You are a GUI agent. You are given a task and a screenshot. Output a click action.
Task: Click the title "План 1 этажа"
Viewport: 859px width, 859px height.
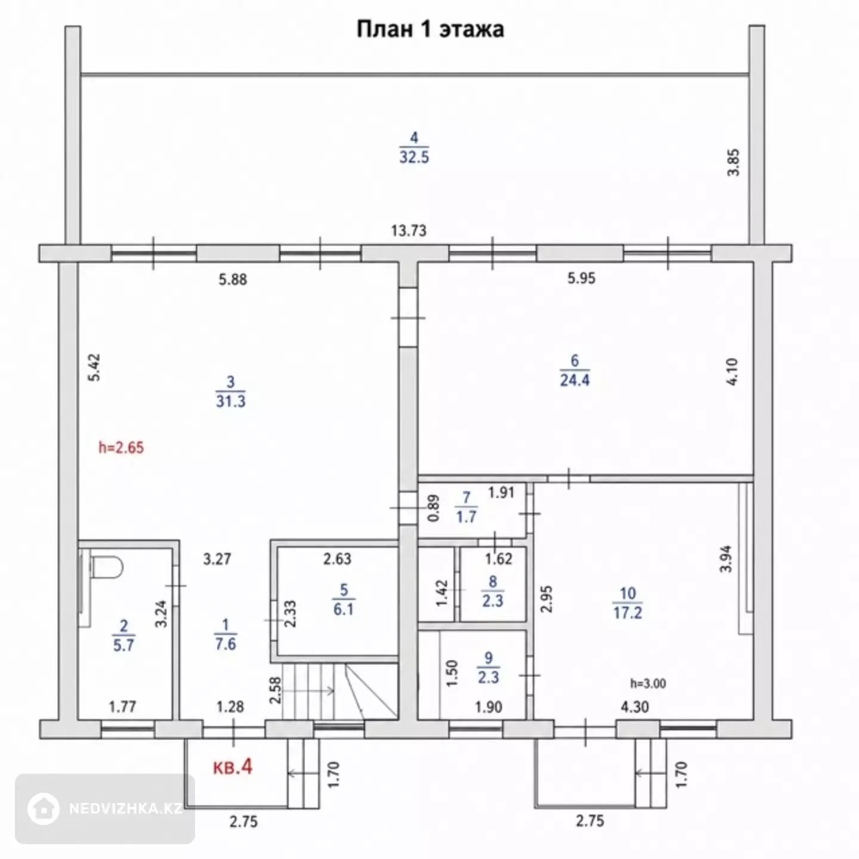click(x=430, y=29)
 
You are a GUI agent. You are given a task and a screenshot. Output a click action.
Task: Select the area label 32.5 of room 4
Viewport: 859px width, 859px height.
click(x=414, y=157)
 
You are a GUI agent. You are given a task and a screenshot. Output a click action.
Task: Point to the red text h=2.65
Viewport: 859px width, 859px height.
click(x=121, y=447)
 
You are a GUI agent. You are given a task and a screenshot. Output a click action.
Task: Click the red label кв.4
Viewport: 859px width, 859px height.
click(x=233, y=767)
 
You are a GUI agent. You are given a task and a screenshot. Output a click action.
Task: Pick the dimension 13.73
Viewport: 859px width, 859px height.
click(x=409, y=230)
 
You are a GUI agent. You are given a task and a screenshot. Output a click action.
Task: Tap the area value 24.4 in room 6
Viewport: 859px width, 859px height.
click(x=575, y=380)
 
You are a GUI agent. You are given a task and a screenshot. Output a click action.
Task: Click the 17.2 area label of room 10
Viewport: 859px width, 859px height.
click(x=628, y=613)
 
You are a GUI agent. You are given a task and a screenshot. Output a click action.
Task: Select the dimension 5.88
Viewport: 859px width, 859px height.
click(x=233, y=280)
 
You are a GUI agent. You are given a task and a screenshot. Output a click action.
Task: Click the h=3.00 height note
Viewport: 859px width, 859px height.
click(x=648, y=684)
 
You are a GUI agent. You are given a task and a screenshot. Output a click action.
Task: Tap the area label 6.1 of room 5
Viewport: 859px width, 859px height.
click(x=344, y=609)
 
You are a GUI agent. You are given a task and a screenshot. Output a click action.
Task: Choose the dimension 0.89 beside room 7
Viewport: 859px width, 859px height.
click(x=433, y=508)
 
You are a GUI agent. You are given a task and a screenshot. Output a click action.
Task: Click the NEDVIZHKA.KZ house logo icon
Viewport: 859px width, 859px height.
click(x=43, y=809)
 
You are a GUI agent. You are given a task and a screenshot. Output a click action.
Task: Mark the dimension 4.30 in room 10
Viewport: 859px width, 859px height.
click(x=635, y=707)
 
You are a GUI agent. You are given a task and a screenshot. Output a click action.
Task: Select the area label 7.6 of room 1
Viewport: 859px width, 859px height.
click(x=225, y=644)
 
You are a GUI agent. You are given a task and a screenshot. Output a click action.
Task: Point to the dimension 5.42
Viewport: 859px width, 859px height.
click(x=94, y=367)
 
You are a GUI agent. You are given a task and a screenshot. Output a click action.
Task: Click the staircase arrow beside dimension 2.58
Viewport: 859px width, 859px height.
click(x=308, y=691)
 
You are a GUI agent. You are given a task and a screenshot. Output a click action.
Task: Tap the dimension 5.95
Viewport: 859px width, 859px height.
click(x=581, y=278)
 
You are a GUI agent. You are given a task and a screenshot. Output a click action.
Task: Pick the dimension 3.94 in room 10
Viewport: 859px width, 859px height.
click(x=726, y=559)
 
